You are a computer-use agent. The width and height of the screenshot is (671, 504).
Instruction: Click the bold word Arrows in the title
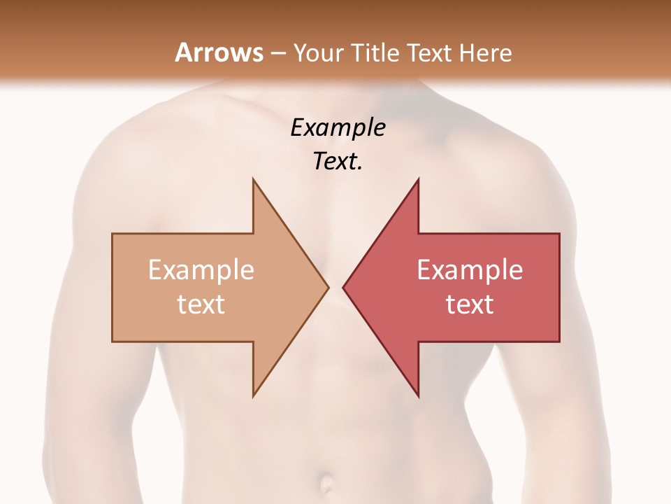(x=219, y=52)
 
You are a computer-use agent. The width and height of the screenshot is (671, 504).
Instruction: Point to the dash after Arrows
(x=277, y=54)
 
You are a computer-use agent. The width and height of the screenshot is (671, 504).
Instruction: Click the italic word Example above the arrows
(x=338, y=128)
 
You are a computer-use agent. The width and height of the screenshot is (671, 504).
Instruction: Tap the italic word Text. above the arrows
(x=338, y=161)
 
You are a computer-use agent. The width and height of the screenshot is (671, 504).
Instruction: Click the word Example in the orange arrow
(x=201, y=270)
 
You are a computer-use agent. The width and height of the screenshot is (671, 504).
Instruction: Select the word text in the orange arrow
(x=201, y=304)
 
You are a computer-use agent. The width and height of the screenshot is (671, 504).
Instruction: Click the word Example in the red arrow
(x=470, y=270)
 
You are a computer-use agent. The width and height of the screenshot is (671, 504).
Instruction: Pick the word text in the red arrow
(x=470, y=304)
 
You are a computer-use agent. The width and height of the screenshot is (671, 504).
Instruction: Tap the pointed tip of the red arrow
(x=344, y=287)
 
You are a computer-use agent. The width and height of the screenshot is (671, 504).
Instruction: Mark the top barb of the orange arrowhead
(x=254, y=181)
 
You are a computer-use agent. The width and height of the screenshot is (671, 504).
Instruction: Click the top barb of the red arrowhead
(x=418, y=181)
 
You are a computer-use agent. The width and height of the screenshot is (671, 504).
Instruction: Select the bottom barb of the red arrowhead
(x=418, y=395)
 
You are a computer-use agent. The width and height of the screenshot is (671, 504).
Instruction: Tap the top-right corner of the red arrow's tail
(x=558, y=234)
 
